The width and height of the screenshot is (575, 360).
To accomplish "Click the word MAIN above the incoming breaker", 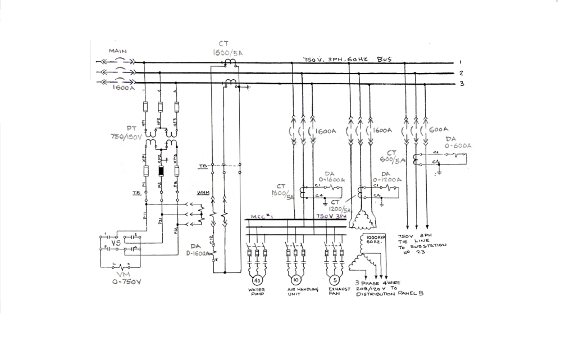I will coord(118,51).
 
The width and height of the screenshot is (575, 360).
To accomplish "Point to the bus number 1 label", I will coord(460,62).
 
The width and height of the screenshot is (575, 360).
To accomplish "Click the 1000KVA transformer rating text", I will coord(376,238).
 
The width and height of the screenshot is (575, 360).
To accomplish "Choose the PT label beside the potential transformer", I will coord(133,128).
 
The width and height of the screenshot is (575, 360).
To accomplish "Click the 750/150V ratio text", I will coord(127,136).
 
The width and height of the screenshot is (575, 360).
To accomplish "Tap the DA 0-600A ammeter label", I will coord(458,142).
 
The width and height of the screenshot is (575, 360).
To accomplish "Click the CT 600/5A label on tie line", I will coord(398,156).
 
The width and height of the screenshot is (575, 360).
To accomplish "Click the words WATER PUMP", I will coord(257,292).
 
